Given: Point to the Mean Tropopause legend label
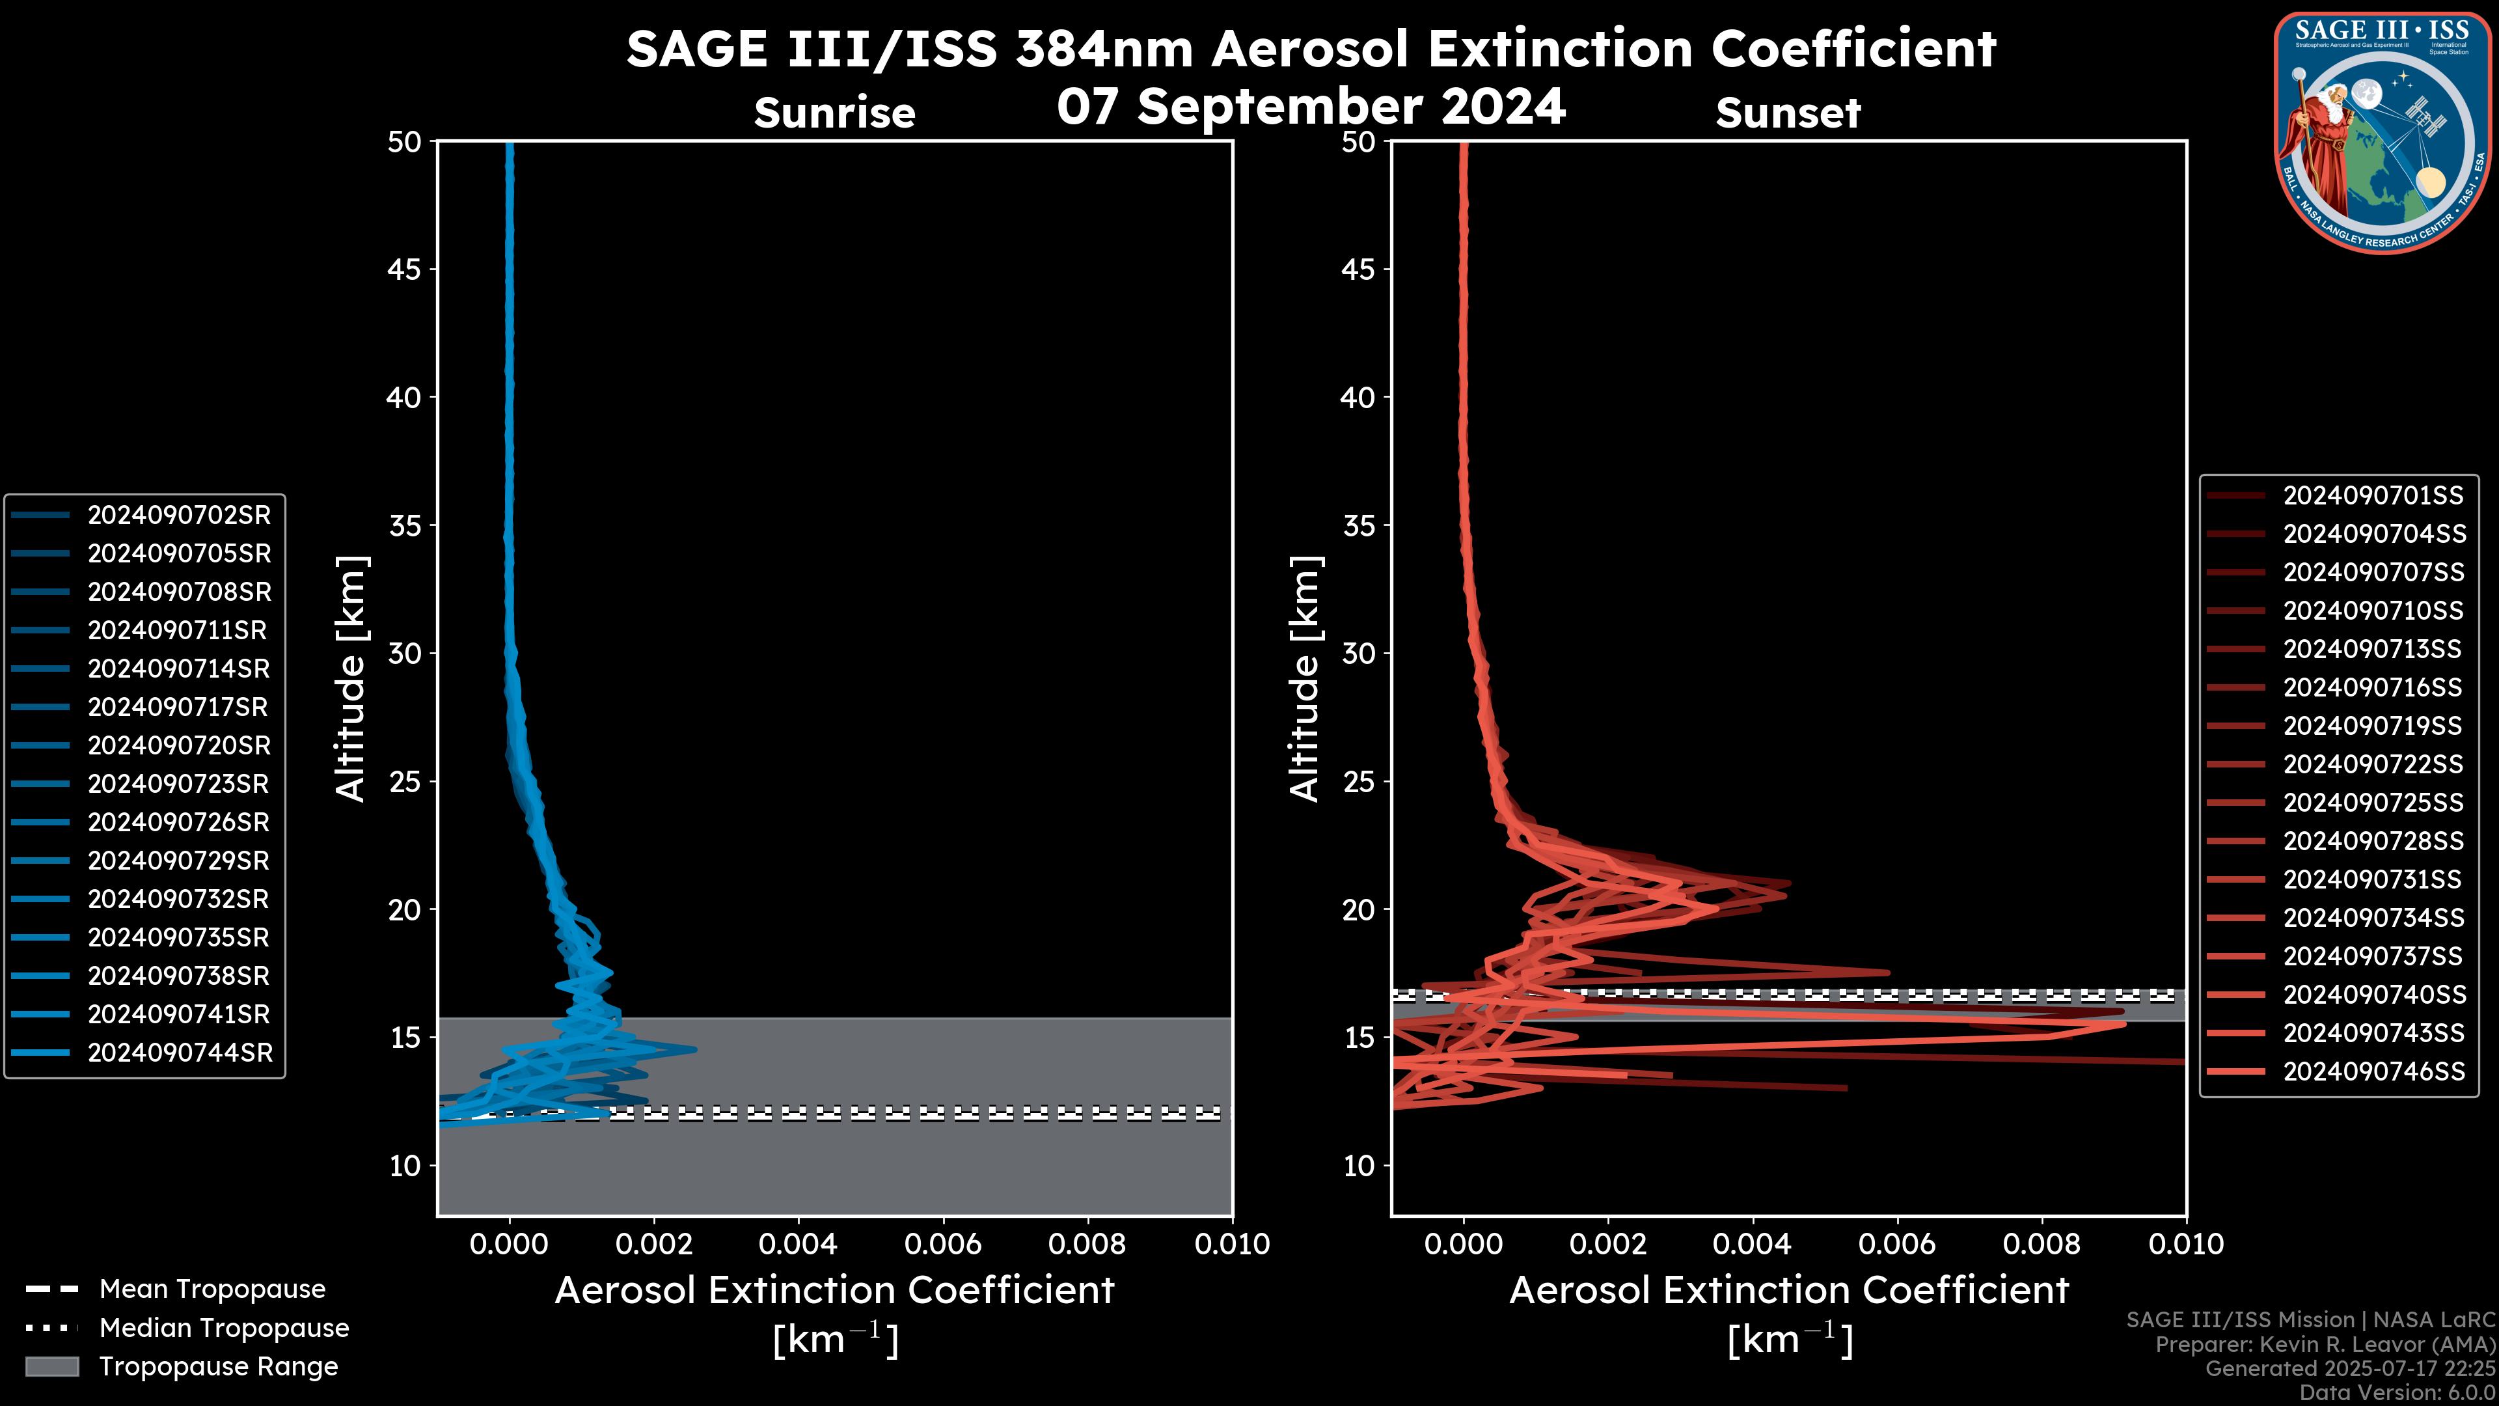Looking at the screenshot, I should tap(212, 1289).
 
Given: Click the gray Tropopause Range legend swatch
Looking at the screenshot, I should tap(51, 1366).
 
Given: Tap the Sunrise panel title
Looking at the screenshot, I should tap(834, 113).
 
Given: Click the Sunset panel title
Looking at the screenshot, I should tap(1788, 113).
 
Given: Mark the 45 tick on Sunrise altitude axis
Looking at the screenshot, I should tap(405, 269).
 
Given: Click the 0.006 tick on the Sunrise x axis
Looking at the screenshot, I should tap(943, 1244).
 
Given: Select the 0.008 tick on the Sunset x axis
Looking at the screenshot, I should tap(2042, 1244).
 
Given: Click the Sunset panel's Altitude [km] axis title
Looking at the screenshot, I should tap(1305, 679).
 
